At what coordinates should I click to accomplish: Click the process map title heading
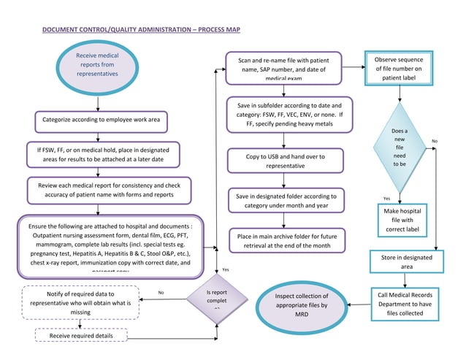coord(140,30)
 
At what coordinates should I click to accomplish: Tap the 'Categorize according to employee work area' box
coord(102,119)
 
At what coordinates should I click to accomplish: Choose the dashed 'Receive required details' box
coord(82,335)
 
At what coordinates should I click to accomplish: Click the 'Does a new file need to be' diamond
coord(400,147)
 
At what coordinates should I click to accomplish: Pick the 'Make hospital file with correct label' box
coord(401,221)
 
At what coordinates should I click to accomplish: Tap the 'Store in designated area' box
coord(406,262)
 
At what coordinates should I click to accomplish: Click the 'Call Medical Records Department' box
coord(405,304)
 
